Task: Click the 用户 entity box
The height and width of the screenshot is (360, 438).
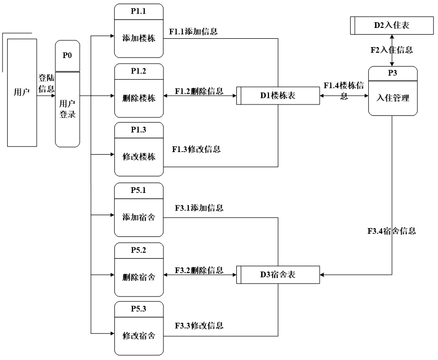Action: pos(22,93)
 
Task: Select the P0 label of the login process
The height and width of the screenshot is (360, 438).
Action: pos(67,56)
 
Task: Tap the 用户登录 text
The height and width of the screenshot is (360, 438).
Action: pos(67,109)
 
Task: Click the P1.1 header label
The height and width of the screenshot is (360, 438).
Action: pos(139,11)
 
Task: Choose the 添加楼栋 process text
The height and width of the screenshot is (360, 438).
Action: pos(139,38)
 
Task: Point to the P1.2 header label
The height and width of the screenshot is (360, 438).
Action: pos(139,71)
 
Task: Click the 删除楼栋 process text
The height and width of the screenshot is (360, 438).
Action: pos(139,98)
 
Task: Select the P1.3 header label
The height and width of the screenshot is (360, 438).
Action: pos(139,130)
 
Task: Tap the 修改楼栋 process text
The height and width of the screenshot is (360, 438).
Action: pos(139,157)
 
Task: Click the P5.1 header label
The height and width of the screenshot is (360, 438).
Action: pos(139,190)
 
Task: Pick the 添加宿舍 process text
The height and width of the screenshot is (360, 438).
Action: pos(139,217)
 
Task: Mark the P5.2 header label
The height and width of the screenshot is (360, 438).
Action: pos(139,250)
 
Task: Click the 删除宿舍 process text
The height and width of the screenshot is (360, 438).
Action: pos(139,277)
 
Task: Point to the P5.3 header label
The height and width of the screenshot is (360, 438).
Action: pos(139,309)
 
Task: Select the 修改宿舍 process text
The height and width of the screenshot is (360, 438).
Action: pos(139,336)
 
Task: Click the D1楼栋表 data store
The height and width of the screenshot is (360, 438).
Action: pos(278,96)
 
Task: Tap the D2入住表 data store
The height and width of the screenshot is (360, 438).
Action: pos(392,25)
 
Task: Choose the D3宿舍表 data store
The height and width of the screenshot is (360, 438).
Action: pos(278,275)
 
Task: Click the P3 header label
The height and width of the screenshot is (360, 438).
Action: pos(392,73)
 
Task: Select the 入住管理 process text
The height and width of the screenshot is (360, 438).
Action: pos(392,98)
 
